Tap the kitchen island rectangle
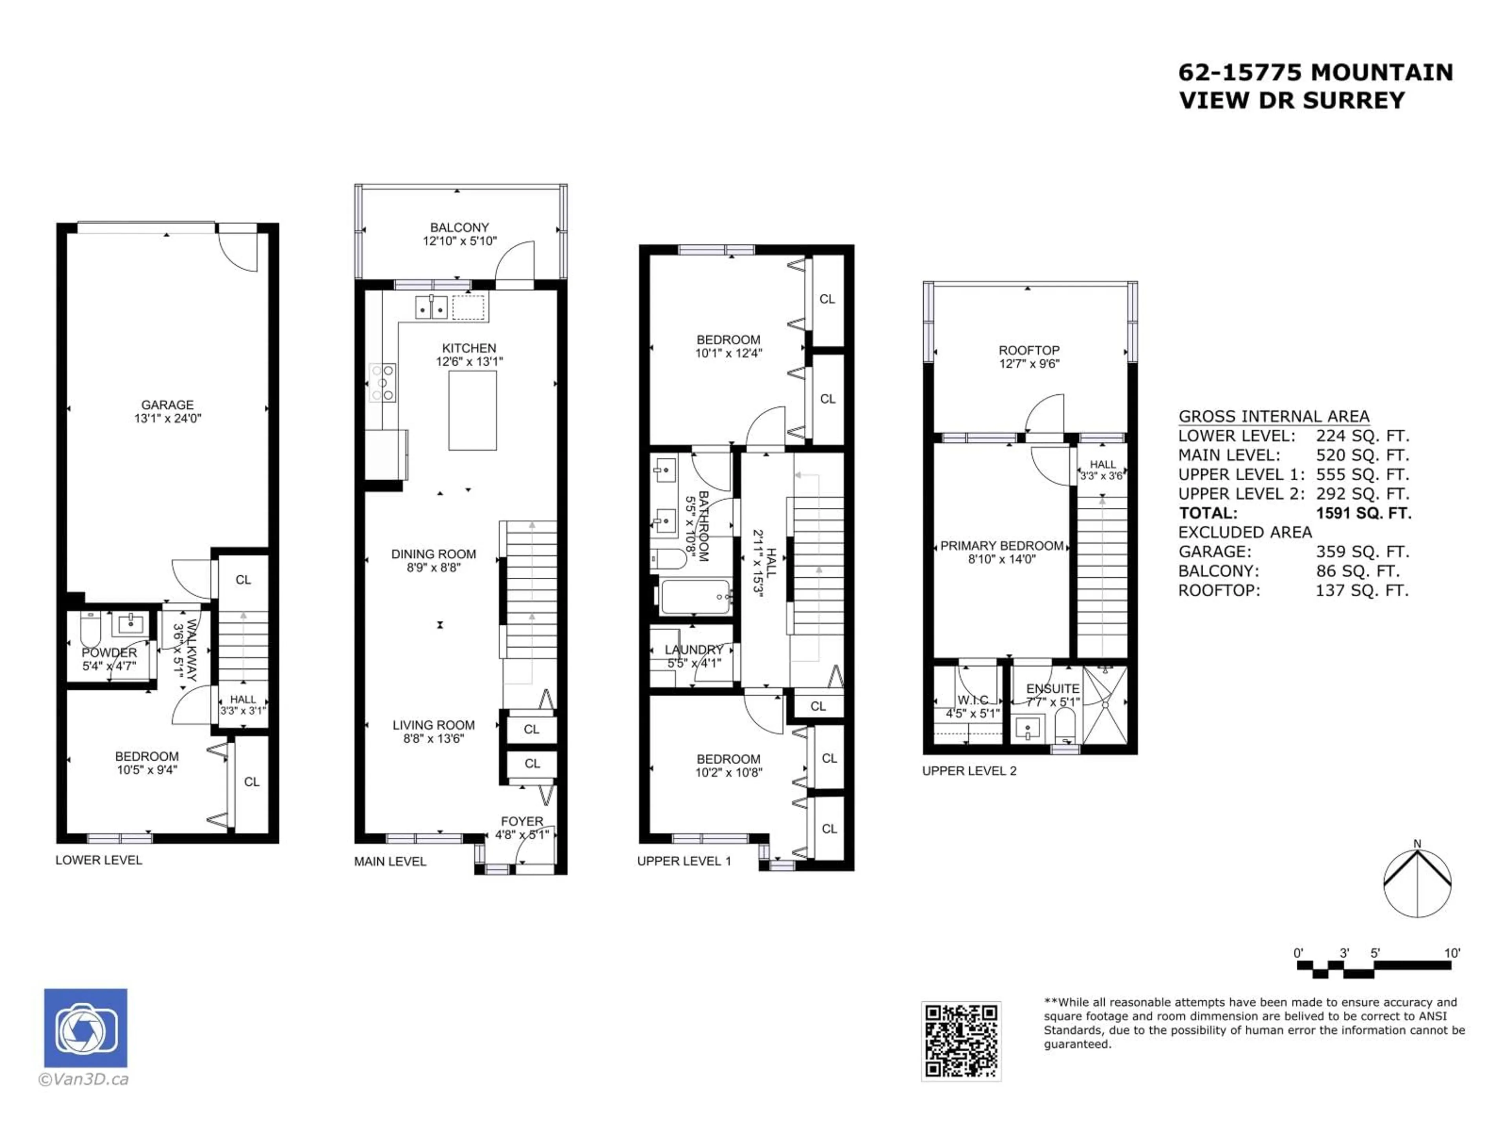pos(472,410)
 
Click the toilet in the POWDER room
pos(91,629)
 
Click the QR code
pos(961,1041)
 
